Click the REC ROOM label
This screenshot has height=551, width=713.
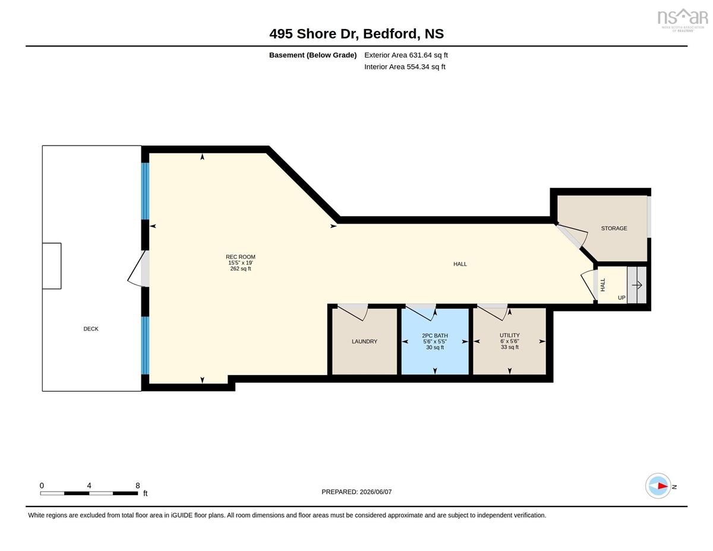click(240, 257)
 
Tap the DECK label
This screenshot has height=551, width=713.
click(91, 329)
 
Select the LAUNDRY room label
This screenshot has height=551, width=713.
click(364, 341)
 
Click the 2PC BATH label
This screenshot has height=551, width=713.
click(435, 335)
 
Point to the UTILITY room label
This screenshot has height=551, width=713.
click(509, 335)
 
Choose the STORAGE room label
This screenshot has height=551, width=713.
click(614, 228)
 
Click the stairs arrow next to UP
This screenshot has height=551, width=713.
click(636, 285)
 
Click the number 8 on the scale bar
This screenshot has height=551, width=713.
click(137, 486)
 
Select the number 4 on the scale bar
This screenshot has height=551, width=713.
click(89, 486)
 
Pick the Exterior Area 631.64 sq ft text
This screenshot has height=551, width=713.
click(406, 55)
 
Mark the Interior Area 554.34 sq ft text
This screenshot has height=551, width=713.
click(405, 67)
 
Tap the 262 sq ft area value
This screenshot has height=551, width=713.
click(240, 269)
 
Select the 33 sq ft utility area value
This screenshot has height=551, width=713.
click(509, 347)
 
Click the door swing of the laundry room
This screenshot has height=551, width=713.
click(353, 312)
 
